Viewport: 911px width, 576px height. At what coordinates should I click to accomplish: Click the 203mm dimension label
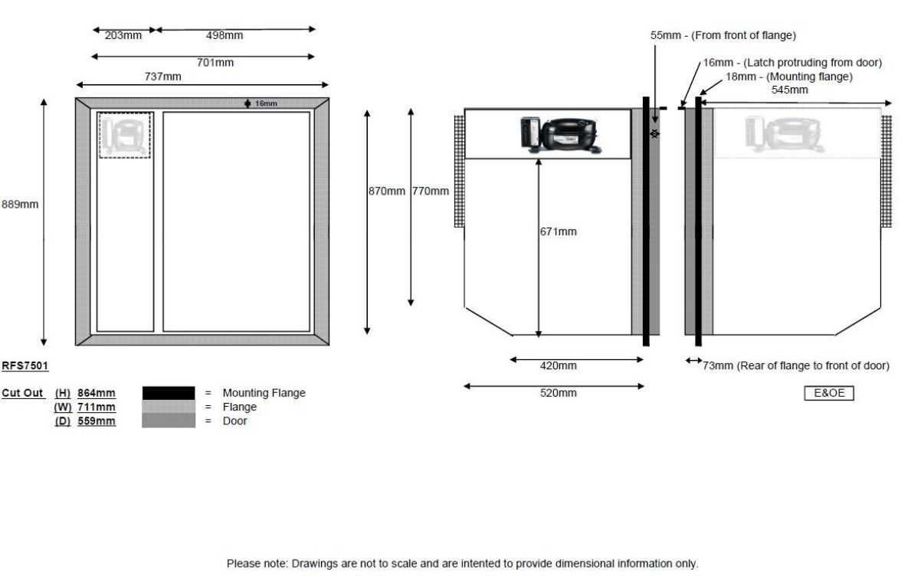[123, 35]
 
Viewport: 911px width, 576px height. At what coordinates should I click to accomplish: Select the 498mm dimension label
[224, 35]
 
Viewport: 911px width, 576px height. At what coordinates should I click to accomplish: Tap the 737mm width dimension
[163, 76]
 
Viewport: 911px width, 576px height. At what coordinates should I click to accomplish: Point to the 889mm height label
[19, 205]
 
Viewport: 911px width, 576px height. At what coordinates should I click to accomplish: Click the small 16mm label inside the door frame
[266, 103]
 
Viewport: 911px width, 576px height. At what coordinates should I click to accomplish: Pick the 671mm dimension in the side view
[558, 231]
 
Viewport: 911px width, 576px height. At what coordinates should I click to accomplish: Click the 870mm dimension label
[386, 191]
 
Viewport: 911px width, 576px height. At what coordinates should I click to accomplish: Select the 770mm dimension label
[430, 191]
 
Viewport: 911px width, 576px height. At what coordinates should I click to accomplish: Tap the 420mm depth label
[558, 365]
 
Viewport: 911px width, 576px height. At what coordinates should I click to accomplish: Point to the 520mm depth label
[558, 393]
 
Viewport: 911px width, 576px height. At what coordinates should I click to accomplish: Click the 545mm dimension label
[789, 90]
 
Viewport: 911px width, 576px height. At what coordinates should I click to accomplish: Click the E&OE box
[828, 394]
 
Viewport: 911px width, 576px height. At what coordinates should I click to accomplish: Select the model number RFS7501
[25, 366]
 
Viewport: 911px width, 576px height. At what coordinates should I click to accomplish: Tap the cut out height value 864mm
[97, 393]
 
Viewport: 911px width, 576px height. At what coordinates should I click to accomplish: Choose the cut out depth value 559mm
[97, 421]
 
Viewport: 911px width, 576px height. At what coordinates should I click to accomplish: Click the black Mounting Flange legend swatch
[169, 393]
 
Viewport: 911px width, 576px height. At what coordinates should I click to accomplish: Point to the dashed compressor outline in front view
[125, 136]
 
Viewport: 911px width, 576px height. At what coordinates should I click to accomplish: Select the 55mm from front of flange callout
[723, 35]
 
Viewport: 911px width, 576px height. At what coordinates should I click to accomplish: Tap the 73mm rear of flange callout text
[795, 365]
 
